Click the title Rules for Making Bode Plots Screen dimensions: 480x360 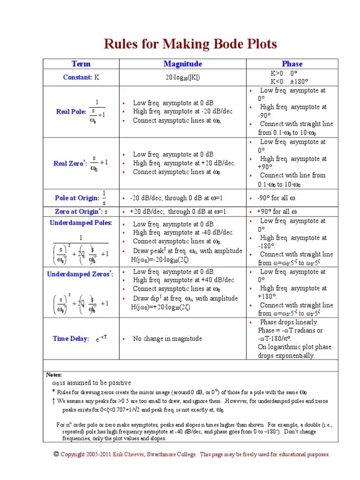(x=190, y=44)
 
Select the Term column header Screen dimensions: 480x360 (x=81, y=64)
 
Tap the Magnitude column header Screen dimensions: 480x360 (x=183, y=64)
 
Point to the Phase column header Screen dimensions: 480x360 (x=292, y=64)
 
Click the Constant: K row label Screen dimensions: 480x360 (x=81, y=77)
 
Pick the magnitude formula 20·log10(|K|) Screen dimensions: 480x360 (x=183, y=77)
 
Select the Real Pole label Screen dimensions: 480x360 (x=71, y=112)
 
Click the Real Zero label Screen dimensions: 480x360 (x=70, y=164)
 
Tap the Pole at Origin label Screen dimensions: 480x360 (x=77, y=198)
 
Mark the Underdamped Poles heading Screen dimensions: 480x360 (x=81, y=223)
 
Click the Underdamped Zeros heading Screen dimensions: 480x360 (x=80, y=274)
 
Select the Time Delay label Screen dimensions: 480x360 (x=71, y=338)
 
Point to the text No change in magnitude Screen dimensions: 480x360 (x=167, y=338)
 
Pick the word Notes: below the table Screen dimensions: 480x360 (x=54, y=375)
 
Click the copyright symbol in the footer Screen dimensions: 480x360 (x=56, y=454)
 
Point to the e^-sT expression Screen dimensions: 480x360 (x=102, y=338)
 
